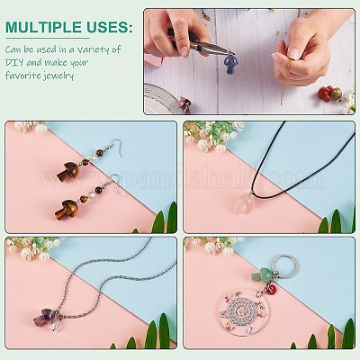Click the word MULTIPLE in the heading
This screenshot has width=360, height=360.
(x=43, y=27)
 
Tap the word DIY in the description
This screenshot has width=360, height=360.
(x=14, y=62)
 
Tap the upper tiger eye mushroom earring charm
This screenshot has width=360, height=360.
(x=68, y=171)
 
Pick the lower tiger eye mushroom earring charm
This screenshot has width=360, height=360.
(x=67, y=210)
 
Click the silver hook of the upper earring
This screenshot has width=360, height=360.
(x=117, y=147)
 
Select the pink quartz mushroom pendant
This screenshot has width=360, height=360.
(x=245, y=202)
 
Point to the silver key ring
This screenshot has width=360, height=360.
(x=286, y=266)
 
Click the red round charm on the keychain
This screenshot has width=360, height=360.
(x=273, y=290)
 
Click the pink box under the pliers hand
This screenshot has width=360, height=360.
(x=154, y=60)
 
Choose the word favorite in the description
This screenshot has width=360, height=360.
(x=22, y=75)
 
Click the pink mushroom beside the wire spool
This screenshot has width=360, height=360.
(x=184, y=103)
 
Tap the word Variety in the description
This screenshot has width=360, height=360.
(x=93, y=49)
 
